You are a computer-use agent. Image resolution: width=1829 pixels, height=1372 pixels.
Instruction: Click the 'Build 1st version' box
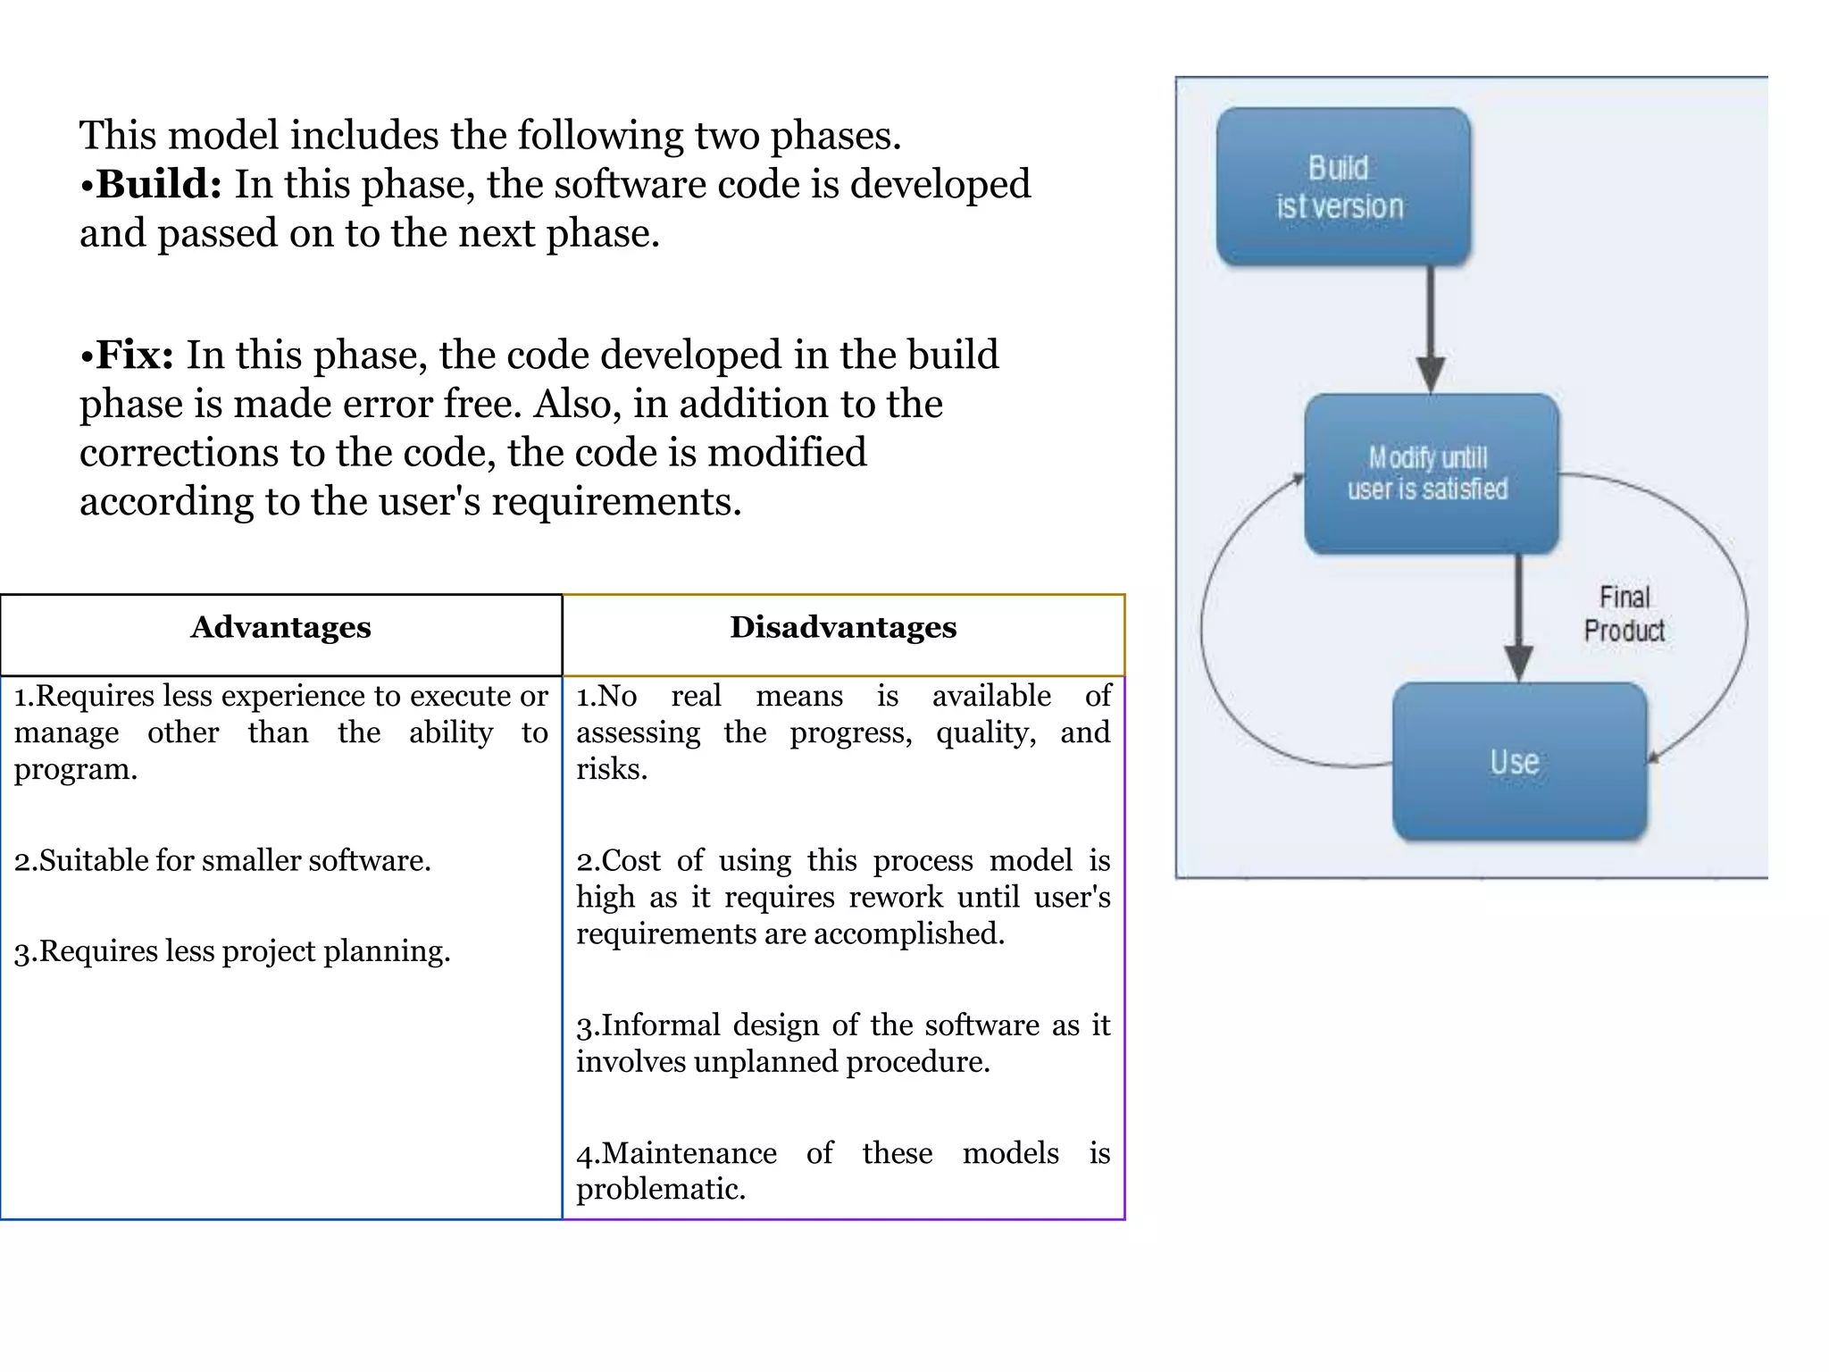tap(1342, 187)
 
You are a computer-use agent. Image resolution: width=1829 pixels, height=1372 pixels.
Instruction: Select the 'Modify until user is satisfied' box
tap(1430, 473)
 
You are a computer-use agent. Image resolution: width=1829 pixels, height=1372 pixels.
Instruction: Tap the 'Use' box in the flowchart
tap(1518, 762)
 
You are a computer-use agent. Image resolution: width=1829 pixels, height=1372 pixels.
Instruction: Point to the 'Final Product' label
tap(1624, 614)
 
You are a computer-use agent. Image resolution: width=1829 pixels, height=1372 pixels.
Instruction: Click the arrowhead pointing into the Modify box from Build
tap(1431, 373)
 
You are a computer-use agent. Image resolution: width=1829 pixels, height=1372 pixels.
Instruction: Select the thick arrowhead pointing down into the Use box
tap(1518, 663)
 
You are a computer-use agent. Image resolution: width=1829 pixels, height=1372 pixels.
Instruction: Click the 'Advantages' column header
tap(280, 627)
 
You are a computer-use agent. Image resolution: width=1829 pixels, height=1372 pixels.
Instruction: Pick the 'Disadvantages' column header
tap(843, 627)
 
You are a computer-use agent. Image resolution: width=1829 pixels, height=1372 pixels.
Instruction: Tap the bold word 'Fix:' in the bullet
tap(135, 355)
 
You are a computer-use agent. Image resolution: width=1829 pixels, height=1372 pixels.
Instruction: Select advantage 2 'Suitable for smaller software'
tap(222, 860)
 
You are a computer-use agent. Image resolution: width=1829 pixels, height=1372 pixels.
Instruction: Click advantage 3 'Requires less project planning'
tap(232, 951)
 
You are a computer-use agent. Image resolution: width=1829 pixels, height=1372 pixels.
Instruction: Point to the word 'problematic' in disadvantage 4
tap(659, 1190)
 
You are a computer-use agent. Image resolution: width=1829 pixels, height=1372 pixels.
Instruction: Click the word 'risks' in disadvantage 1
tap(610, 769)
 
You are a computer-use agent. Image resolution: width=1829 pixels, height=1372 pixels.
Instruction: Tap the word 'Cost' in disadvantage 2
tap(631, 860)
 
